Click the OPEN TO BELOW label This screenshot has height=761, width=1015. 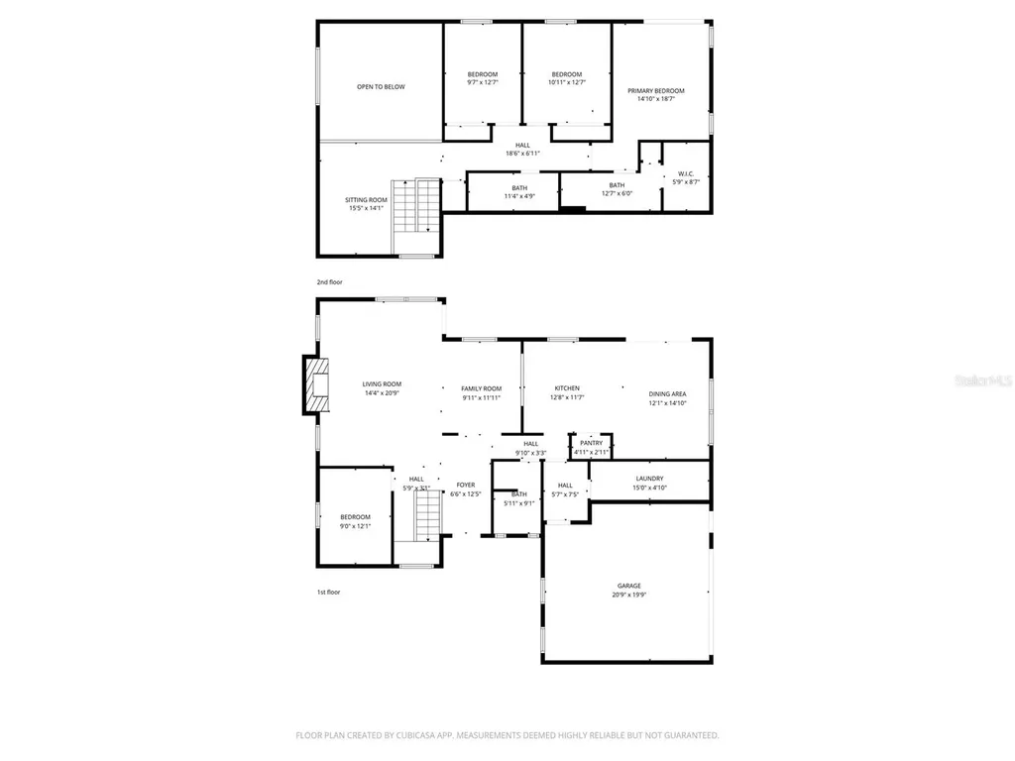381,87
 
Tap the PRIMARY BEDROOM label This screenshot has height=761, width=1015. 655,91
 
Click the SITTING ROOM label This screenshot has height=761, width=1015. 366,200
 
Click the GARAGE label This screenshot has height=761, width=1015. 628,586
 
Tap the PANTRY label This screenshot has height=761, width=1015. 592,444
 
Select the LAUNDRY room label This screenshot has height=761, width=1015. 650,479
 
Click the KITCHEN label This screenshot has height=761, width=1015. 567,388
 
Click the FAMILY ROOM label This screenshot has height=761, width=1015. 481,388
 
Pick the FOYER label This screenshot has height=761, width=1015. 465,485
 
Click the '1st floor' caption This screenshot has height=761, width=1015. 328,592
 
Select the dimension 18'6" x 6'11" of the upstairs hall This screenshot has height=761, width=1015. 522,154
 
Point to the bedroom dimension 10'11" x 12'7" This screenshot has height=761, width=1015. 566,83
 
